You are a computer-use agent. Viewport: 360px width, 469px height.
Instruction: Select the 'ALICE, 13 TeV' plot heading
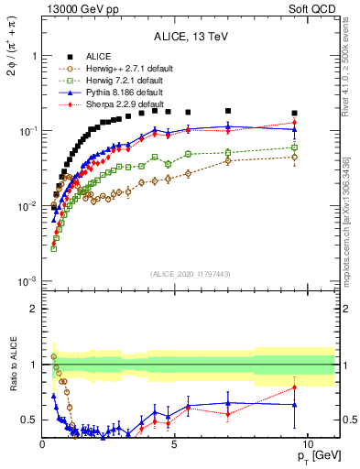coord(190,37)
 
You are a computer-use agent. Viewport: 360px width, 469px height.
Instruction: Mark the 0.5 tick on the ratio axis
coord(29,420)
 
